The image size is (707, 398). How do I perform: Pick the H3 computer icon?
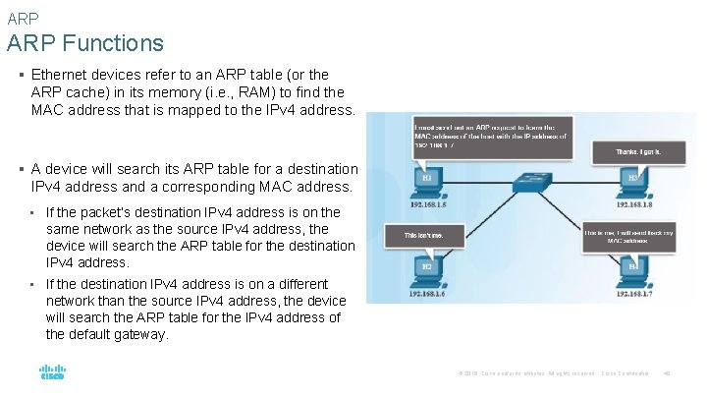[x=635, y=184]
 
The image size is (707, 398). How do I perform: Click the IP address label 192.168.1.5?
[x=430, y=205]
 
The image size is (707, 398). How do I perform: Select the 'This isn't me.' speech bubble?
[x=429, y=236]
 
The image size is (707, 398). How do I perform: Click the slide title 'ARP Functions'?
[x=84, y=43]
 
